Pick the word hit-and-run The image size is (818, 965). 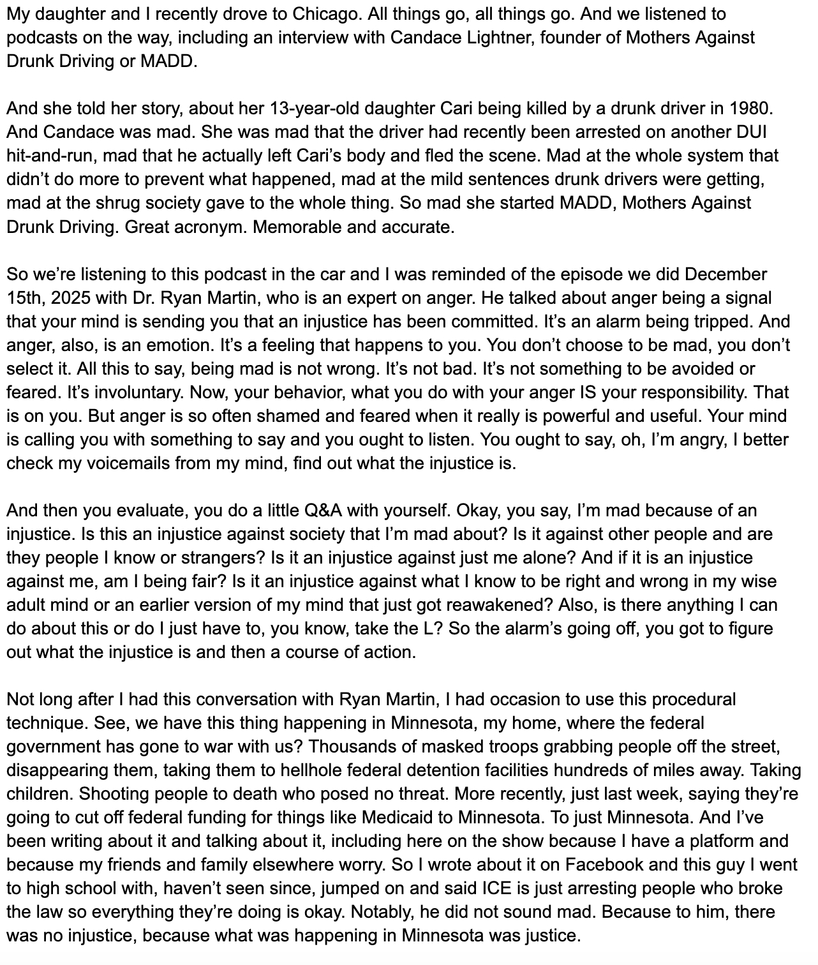point(50,156)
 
